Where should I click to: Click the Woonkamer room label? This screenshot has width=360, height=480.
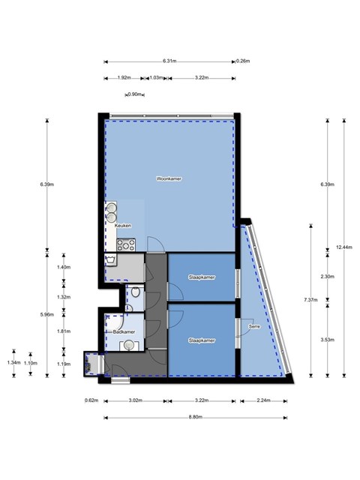point(169,178)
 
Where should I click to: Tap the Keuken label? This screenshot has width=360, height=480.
point(123,226)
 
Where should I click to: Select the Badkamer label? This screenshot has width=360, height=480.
point(124,331)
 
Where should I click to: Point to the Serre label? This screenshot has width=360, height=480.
point(254,327)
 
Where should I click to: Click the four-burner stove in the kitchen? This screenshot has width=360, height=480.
point(126,245)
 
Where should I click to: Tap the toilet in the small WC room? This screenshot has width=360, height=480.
point(135,292)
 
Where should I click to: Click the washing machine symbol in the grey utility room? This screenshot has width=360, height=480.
point(110,260)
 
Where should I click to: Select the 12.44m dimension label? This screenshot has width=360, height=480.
point(343,247)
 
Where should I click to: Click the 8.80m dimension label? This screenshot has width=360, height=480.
point(195,417)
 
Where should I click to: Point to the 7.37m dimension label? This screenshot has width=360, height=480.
point(310,300)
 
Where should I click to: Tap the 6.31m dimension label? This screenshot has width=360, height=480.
point(169,61)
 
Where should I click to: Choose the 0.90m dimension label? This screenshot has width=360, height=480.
point(135,94)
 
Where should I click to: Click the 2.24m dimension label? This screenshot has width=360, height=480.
point(263,400)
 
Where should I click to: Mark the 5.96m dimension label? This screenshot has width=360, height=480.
point(46,315)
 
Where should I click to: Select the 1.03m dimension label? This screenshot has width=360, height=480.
point(156,78)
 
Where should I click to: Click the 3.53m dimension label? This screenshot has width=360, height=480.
point(327,340)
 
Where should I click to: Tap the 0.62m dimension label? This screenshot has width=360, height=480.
point(91,400)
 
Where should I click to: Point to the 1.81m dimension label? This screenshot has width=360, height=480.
point(64,331)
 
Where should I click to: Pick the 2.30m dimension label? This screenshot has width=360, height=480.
point(327,277)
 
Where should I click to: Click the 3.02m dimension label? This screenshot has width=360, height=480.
point(135,400)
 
